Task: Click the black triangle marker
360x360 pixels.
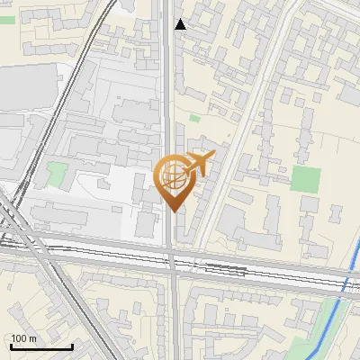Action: pos(181,24)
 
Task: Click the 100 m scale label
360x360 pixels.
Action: pos(24,338)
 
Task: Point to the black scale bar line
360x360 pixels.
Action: pos(41,346)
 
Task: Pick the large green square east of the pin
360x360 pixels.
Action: pos(306,179)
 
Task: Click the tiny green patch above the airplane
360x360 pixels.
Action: pos(194,117)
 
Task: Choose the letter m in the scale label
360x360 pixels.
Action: pos(32,338)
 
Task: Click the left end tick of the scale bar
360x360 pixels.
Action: pos(11,346)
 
